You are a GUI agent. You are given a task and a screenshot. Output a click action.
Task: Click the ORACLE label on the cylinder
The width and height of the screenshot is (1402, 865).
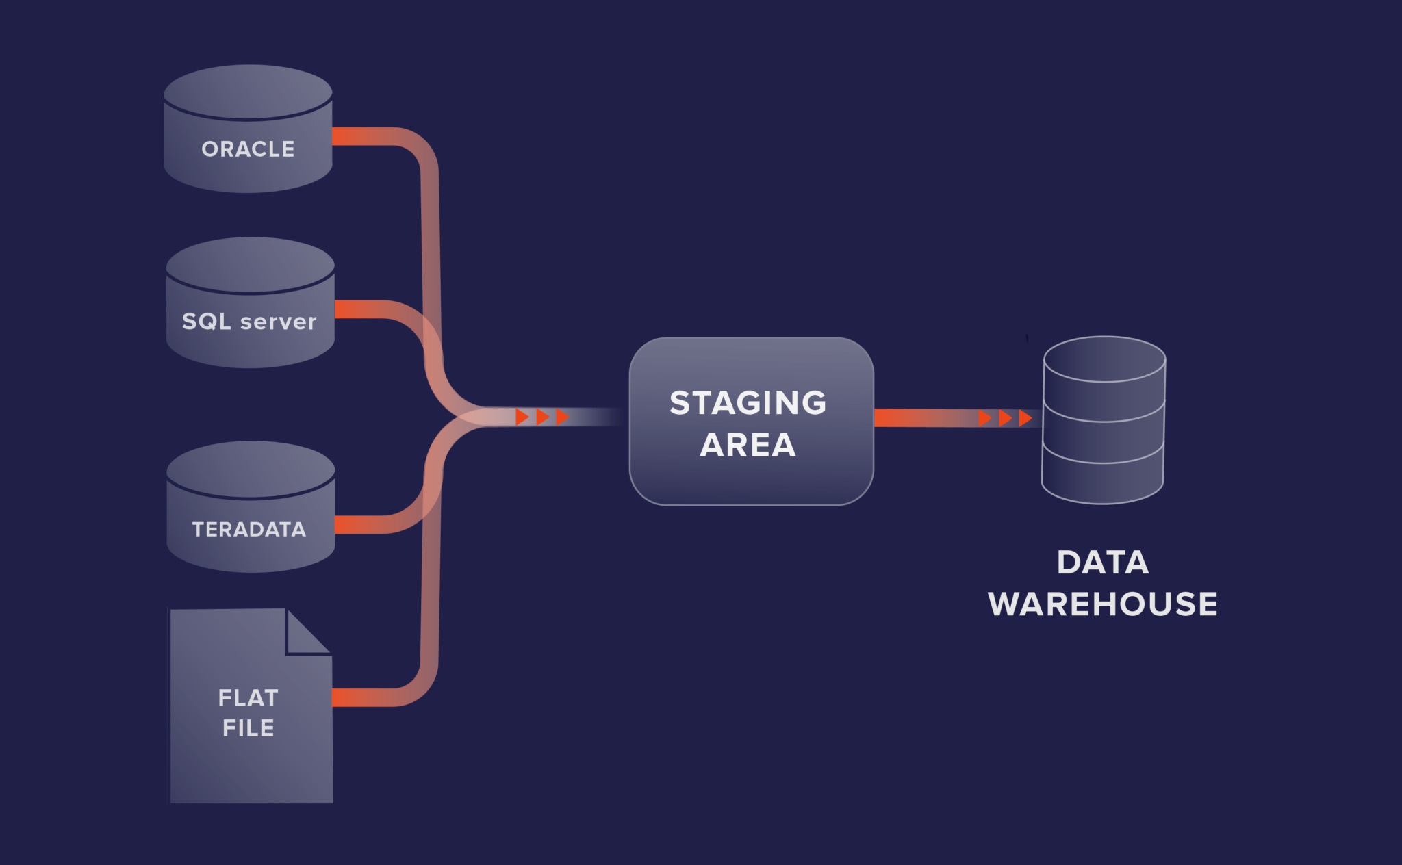coord(248,149)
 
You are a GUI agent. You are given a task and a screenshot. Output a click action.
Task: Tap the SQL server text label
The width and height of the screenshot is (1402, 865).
coord(249,322)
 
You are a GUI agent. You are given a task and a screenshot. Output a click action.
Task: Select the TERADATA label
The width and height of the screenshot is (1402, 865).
coord(249,529)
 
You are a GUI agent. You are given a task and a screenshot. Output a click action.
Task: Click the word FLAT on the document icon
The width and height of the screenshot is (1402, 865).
coord(248,698)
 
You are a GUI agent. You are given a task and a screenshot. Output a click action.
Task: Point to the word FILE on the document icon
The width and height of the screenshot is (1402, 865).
coord(248,727)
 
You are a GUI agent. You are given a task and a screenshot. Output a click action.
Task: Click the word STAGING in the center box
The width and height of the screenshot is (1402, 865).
coord(748,402)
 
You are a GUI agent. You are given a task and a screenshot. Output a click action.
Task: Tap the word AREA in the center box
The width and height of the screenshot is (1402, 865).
coord(748,445)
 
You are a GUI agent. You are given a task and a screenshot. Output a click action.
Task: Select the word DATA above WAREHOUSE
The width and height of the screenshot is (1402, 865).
coord(1102,563)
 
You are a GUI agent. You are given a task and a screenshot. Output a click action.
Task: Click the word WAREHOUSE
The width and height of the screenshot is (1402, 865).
coord(1102,604)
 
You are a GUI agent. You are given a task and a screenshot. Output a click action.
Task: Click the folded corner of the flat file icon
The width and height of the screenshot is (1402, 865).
coord(305,633)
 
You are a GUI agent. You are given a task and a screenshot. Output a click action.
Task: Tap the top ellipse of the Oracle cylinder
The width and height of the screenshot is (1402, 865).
coord(248,91)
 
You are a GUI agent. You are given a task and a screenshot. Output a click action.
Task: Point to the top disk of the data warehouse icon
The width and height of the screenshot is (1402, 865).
coord(1104,359)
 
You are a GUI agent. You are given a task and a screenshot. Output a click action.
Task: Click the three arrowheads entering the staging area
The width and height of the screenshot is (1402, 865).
coord(542,417)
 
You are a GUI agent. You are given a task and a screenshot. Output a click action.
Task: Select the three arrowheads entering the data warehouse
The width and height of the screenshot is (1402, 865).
coord(1005,417)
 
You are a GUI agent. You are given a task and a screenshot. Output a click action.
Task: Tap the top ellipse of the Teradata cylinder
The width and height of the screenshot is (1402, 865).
coord(251,469)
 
